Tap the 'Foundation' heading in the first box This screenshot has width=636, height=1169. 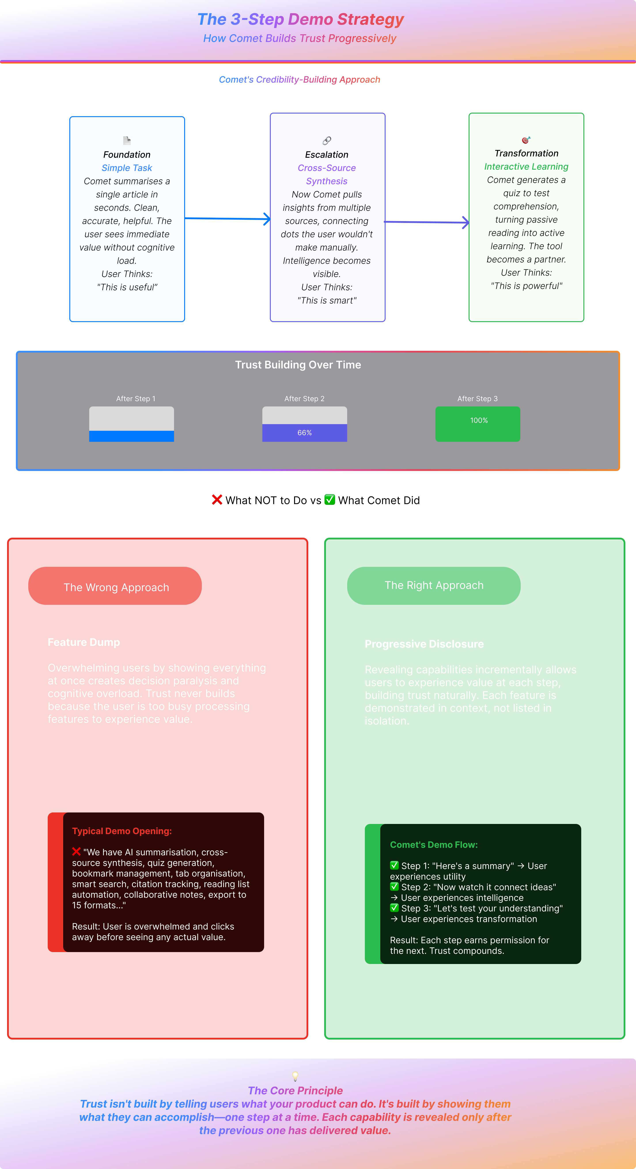click(127, 155)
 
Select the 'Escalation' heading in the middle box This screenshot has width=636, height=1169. click(327, 155)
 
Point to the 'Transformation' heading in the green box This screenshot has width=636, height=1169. click(526, 153)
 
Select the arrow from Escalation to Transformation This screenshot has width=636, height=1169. click(426, 222)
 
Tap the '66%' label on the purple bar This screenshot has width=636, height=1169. click(304, 433)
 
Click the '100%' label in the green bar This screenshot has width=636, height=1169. click(479, 421)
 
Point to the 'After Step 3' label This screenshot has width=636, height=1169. click(477, 399)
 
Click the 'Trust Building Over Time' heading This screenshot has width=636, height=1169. click(298, 365)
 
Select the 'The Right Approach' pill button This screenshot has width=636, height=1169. click(434, 585)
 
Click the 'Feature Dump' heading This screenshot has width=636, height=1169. click(84, 642)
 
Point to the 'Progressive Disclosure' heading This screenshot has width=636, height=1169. click(424, 644)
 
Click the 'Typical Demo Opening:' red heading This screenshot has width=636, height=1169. click(122, 831)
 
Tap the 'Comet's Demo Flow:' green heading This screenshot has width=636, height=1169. click(434, 844)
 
